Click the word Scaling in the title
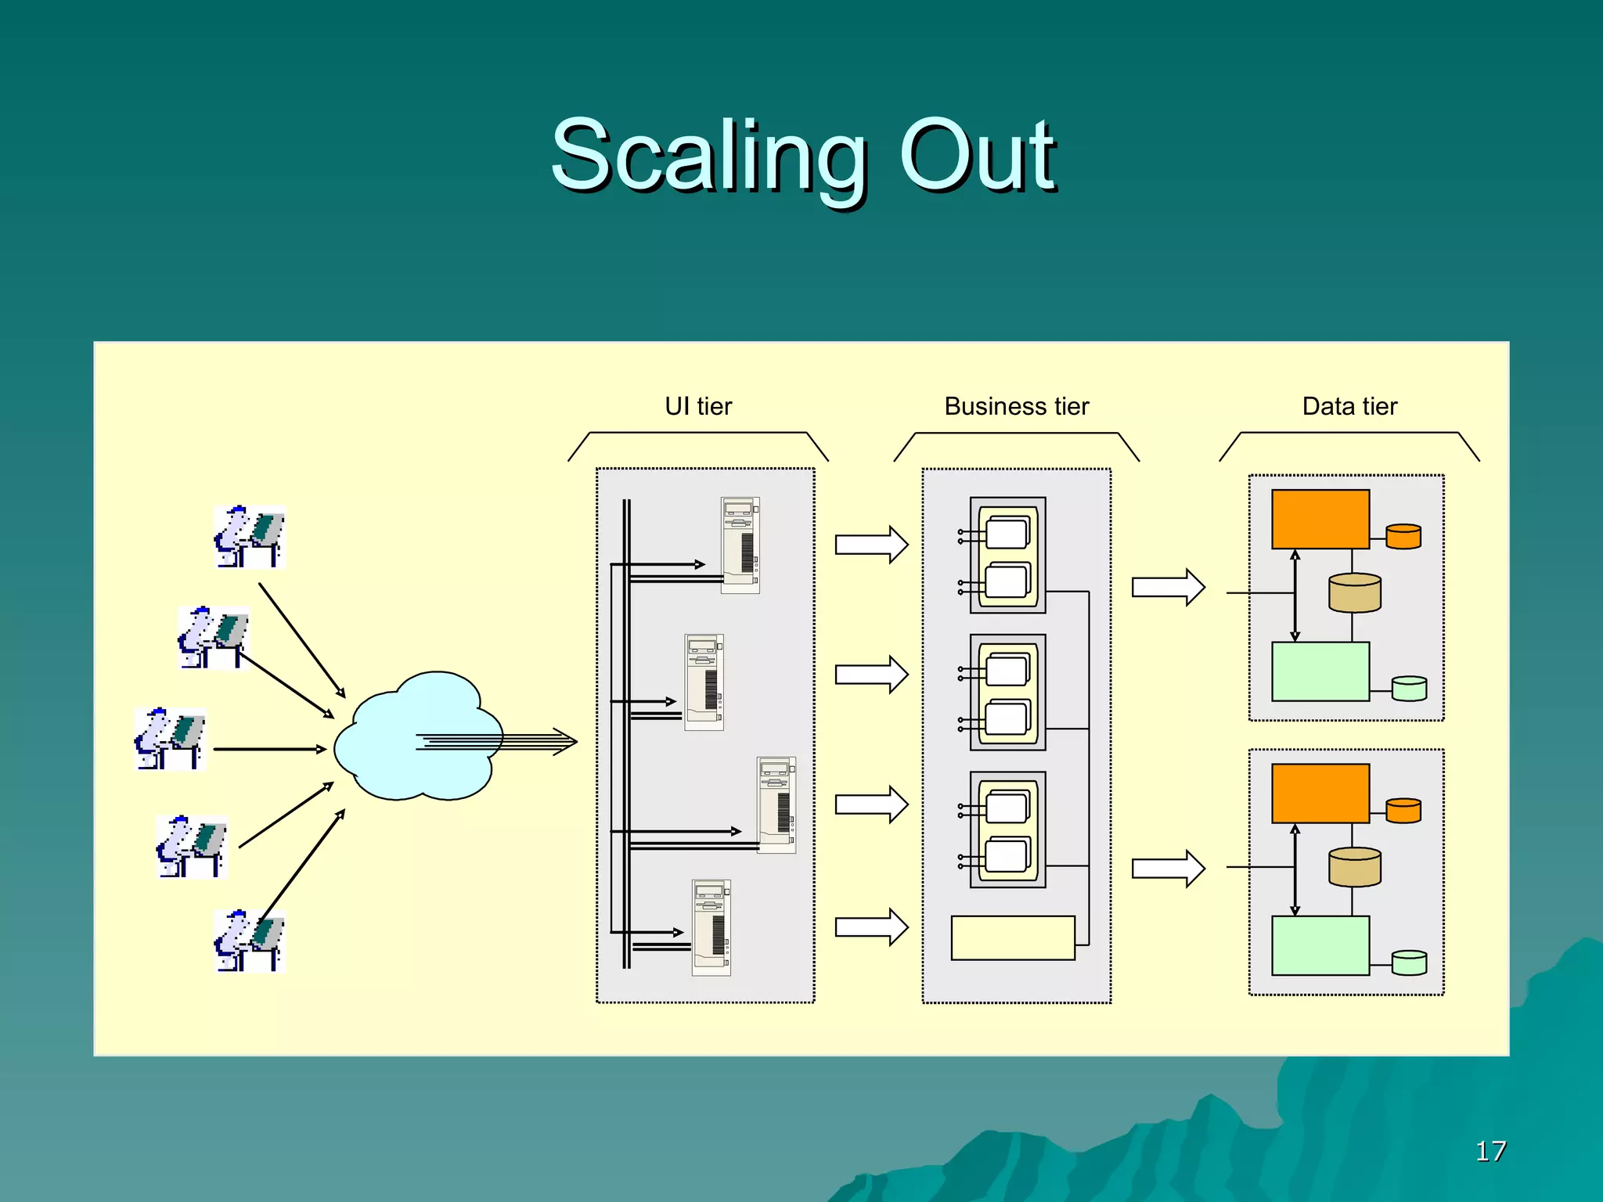tap(708, 157)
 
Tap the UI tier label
tap(698, 406)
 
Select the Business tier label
tap(1016, 406)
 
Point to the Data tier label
tap(1349, 406)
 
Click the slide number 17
tap(1490, 1151)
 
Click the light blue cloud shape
tap(407, 740)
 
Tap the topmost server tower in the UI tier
tap(740, 545)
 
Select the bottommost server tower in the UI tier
tap(711, 927)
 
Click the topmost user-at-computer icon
tap(249, 537)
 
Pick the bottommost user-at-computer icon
tap(249, 941)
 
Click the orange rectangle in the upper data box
tap(1320, 519)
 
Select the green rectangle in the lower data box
tap(1320, 945)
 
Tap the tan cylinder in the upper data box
tap(1354, 593)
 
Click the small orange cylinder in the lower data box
tap(1403, 811)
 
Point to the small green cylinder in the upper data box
tap(1409, 689)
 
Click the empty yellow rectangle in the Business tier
tap(1013, 937)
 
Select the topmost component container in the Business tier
tap(1008, 555)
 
